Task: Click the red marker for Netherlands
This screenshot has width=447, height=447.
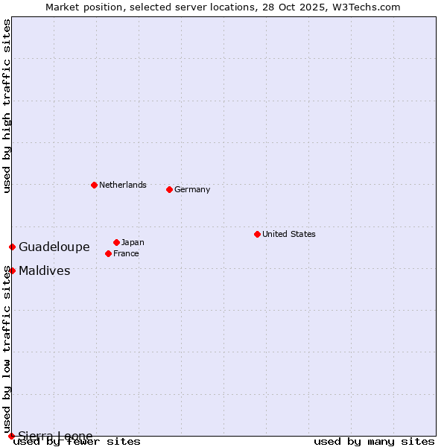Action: (x=94, y=185)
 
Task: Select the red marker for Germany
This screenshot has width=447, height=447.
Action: (x=169, y=189)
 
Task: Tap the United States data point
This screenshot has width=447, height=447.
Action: (x=257, y=234)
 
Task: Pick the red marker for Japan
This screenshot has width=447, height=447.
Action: (x=116, y=242)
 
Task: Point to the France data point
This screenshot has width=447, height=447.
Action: (x=108, y=253)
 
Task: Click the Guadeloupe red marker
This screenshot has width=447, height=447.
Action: (x=12, y=247)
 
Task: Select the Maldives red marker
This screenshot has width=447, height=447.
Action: (x=12, y=270)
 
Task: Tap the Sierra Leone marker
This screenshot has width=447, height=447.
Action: (x=11, y=436)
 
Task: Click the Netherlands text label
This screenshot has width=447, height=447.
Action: (x=123, y=185)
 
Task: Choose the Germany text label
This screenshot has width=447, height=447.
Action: (x=192, y=189)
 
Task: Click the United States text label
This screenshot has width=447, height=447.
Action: (x=289, y=234)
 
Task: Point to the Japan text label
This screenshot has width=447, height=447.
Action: (x=133, y=242)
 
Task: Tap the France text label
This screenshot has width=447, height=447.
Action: (x=127, y=253)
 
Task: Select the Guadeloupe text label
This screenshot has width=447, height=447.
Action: (x=54, y=247)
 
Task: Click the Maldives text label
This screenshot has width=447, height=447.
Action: (x=45, y=270)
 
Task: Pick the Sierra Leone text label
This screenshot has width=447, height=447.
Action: (x=56, y=436)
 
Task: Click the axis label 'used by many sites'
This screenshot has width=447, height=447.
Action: (x=374, y=441)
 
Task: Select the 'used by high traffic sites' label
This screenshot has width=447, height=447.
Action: (x=7, y=107)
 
